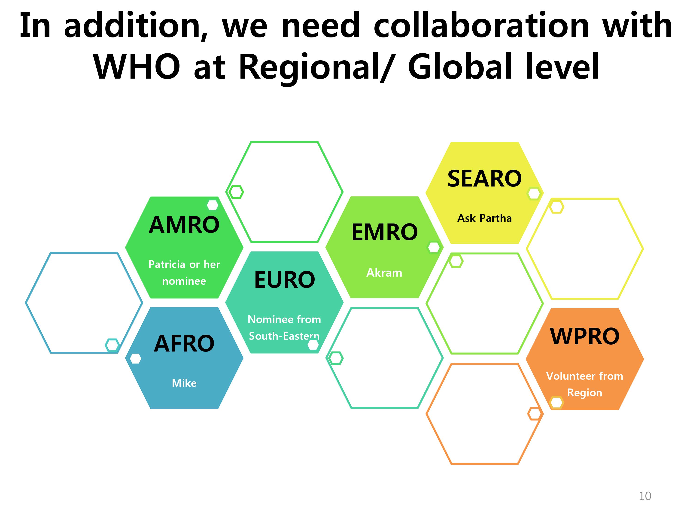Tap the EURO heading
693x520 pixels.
(x=284, y=280)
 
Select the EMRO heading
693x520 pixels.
(x=384, y=232)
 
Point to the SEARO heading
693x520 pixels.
(x=484, y=179)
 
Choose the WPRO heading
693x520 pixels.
(x=585, y=336)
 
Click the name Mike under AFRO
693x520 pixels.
(x=184, y=383)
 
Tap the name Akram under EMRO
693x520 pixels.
(x=384, y=273)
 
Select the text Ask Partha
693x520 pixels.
(x=484, y=218)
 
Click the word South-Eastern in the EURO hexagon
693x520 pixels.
(x=284, y=336)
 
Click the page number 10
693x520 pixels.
(x=645, y=496)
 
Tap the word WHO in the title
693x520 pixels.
(x=137, y=67)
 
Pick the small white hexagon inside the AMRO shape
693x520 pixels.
(x=213, y=205)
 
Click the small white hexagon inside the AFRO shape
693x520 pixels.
(x=135, y=359)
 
